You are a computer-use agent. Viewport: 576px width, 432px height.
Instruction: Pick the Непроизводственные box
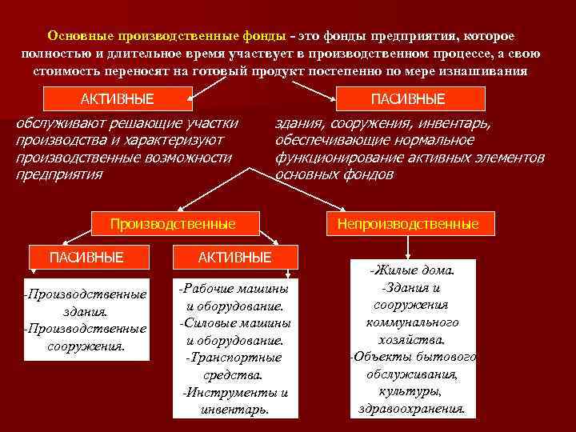[408, 224]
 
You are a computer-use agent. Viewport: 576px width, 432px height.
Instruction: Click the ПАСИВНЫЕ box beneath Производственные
[86, 257]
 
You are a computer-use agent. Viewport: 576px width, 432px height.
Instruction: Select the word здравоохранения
[413, 407]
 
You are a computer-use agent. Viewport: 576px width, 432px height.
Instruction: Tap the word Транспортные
[234, 358]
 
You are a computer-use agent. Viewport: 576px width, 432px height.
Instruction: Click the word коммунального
[413, 322]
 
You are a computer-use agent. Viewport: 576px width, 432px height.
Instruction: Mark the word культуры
[413, 390]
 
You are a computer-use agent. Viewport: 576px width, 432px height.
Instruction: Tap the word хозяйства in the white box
[413, 339]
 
